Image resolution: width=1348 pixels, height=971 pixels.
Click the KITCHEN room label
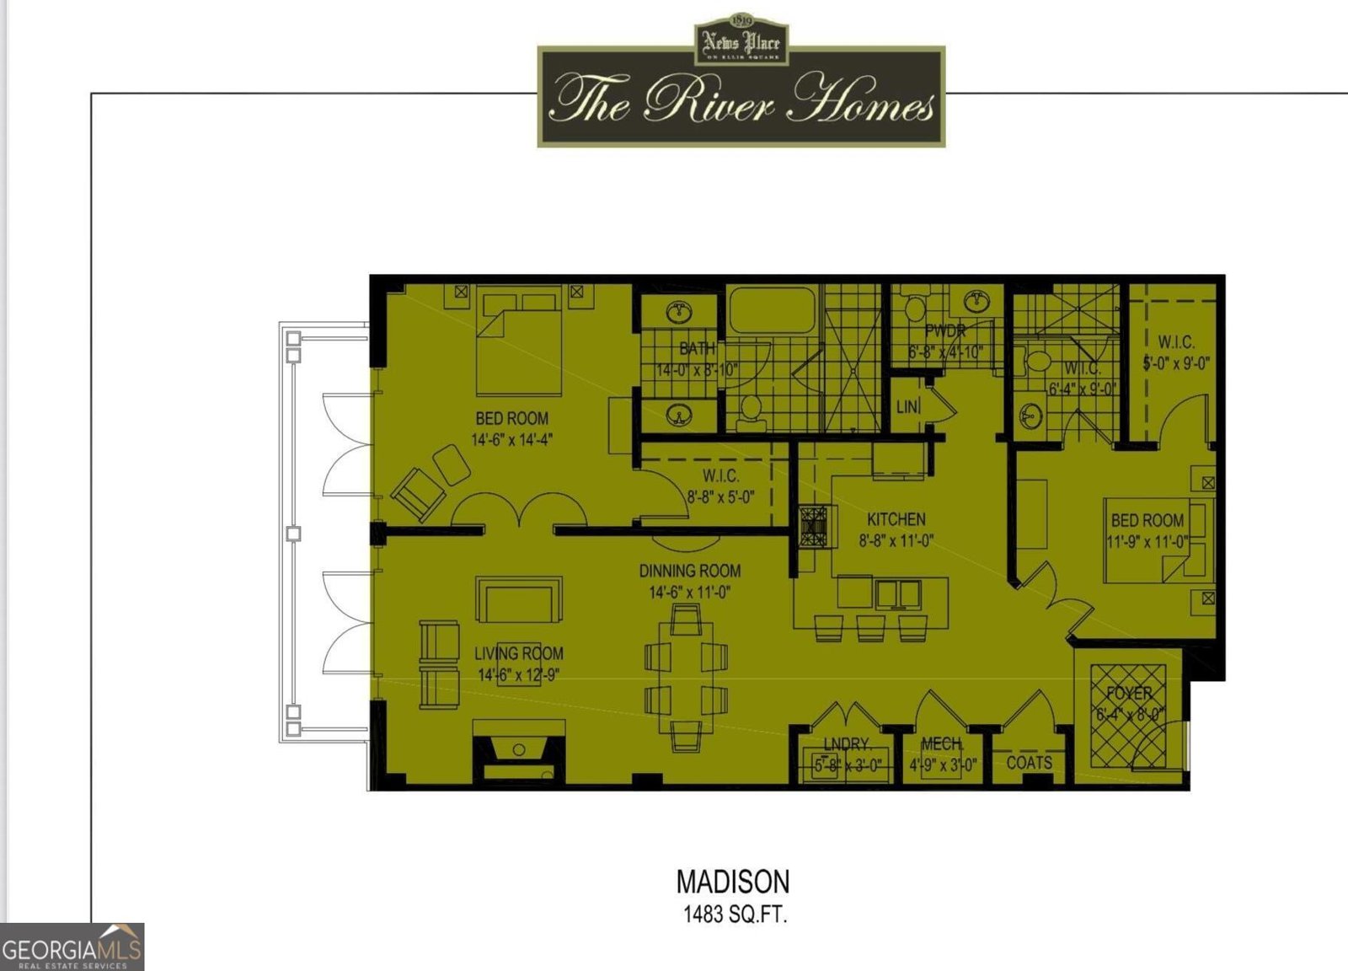pos(896,519)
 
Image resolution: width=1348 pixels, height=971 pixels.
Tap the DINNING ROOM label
pos(689,571)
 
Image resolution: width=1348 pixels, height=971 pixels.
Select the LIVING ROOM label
pos(518,653)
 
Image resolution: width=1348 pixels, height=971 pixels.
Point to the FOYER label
pos(1129,694)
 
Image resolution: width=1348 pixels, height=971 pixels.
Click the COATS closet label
pos(1029,763)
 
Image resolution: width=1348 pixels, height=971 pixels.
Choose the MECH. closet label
pos(942,744)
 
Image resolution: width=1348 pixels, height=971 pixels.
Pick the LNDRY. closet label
pos(847,744)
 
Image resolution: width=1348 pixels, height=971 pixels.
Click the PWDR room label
pos(944,330)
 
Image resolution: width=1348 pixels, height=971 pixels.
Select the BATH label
pos(697,348)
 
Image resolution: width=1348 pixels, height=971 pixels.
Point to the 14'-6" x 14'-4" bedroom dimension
pos(511,440)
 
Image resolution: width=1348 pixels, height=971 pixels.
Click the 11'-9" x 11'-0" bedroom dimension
pos(1147,542)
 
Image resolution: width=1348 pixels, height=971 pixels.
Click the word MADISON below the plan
pos(733,882)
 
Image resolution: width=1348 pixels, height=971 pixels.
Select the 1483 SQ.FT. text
pos(735,915)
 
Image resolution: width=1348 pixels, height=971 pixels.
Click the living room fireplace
pos(518,750)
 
